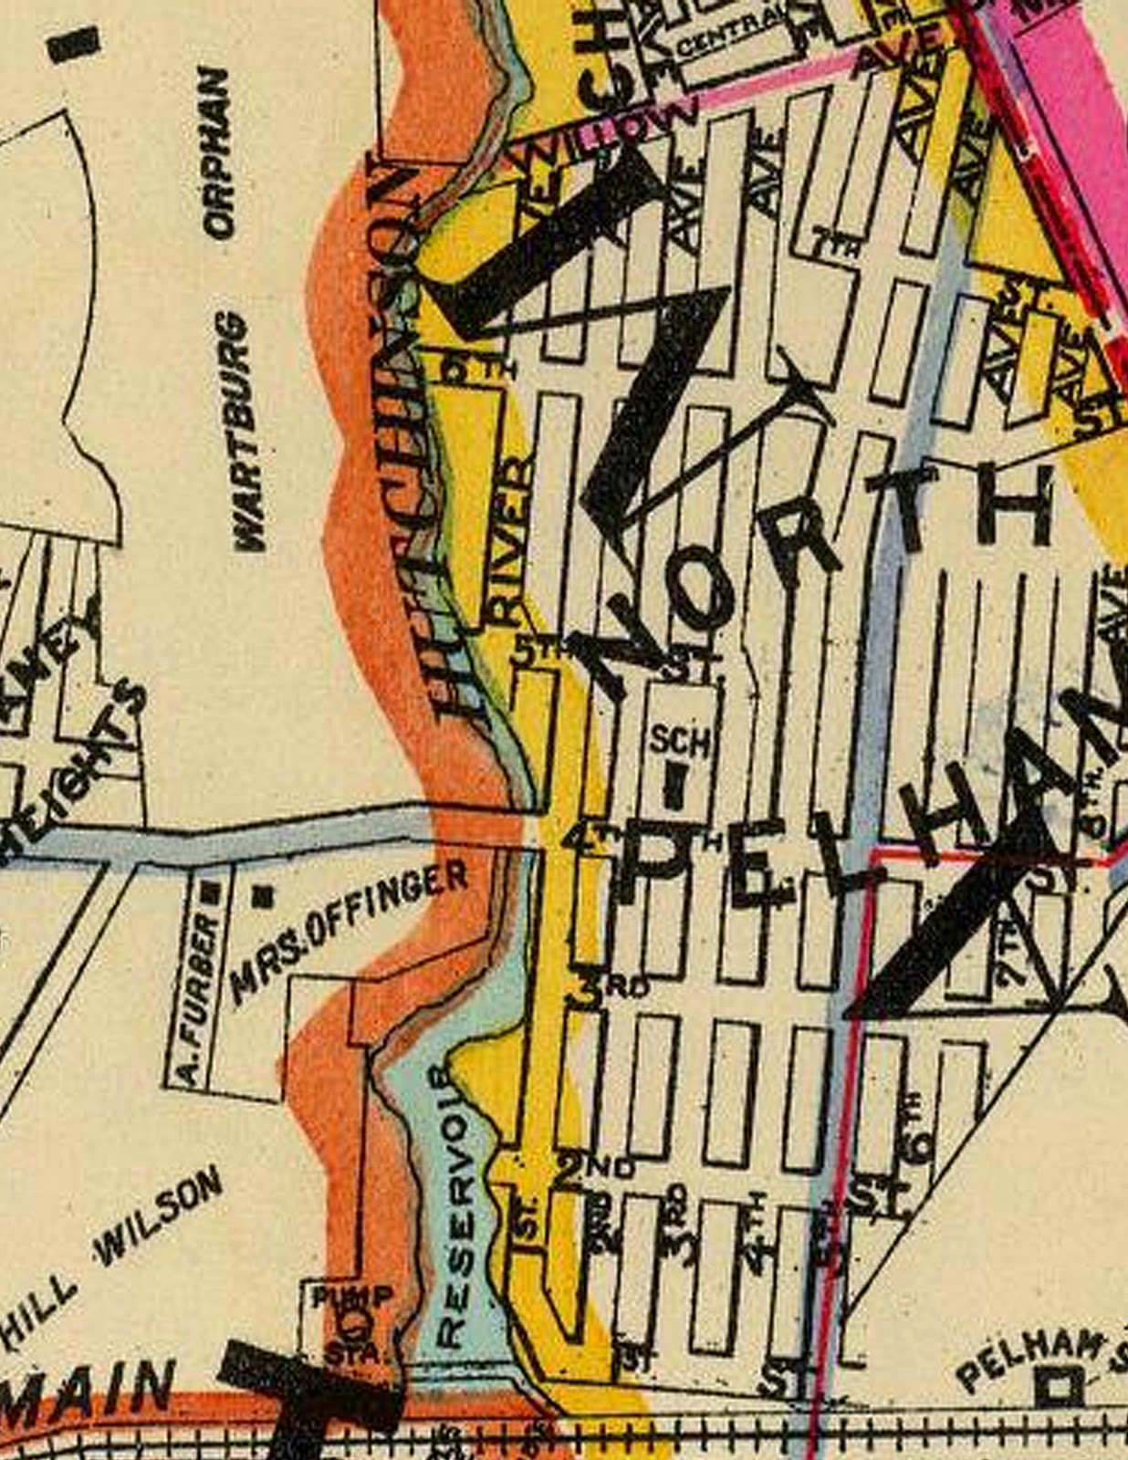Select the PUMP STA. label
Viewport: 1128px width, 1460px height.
coord(350,1322)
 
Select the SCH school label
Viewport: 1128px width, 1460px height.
coord(679,742)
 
